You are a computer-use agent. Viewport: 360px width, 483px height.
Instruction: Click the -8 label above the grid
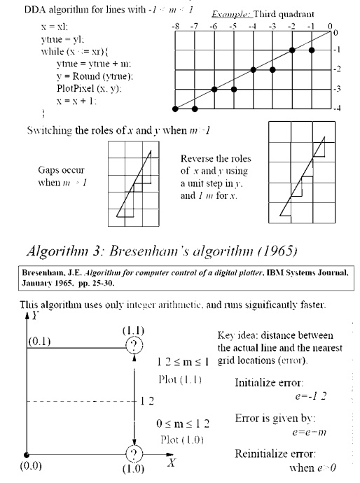click(x=175, y=24)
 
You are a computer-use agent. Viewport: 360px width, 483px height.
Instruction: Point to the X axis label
click(x=171, y=463)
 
